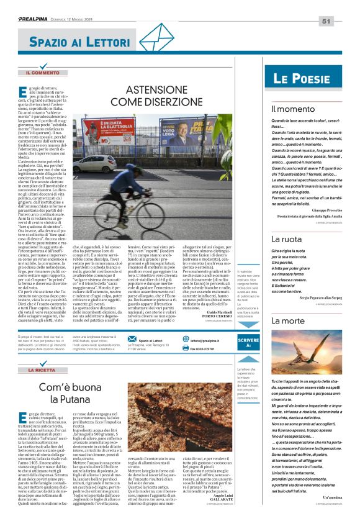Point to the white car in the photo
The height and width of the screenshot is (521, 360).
94,164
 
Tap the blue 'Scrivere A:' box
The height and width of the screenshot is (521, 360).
248,342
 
